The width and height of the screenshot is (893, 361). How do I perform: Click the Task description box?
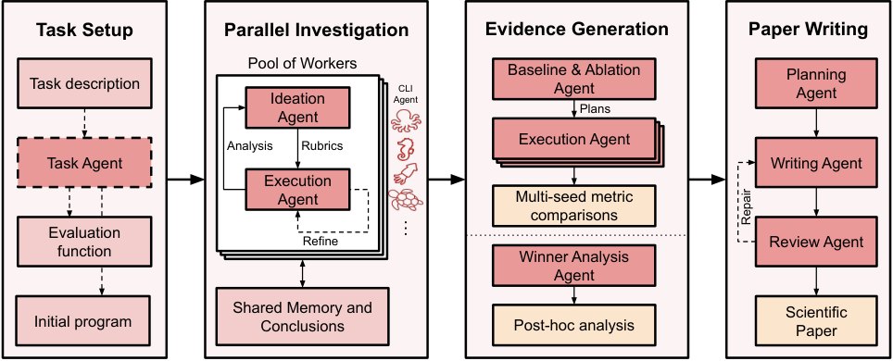click(84, 83)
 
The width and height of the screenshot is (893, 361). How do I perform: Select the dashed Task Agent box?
click(84, 163)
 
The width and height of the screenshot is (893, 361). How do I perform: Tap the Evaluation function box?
click(84, 242)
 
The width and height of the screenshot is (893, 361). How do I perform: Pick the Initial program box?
click(84, 320)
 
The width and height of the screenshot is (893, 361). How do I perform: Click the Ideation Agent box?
click(296, 107)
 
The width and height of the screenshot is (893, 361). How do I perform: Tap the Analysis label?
click(249, 145)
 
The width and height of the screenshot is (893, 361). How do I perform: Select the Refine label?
click(320, 241)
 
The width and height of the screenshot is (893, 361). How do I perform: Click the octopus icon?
click(406, 122)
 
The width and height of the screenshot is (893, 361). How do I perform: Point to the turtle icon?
click(406, 200)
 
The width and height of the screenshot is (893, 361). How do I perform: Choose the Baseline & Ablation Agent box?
click(574, 80)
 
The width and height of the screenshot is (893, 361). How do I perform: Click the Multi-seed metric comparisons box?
click(574, 205)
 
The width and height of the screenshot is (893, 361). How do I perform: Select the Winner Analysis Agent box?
click(574, 266)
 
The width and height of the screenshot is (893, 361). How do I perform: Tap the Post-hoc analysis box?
click(574, 325)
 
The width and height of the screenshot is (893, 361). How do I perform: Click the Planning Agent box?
click(816, 83)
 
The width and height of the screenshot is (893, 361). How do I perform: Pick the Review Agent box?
click(816, 242)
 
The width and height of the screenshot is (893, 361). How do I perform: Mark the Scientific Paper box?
click(816, 320)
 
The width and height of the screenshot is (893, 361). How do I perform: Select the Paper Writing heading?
click(808, 30)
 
